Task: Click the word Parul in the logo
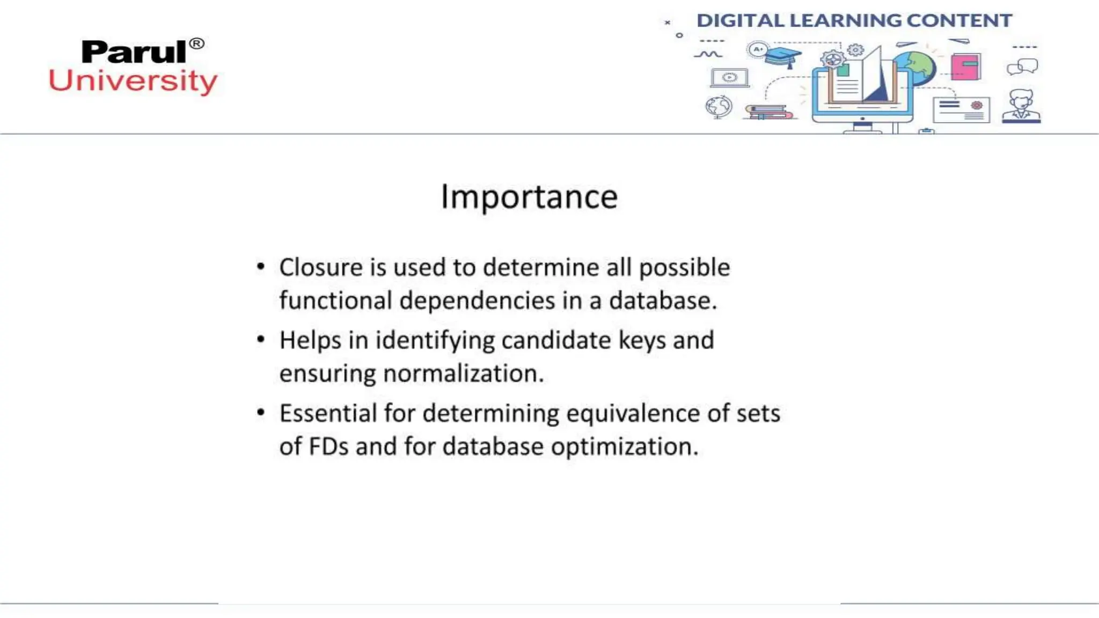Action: pyautogui.click(x=134, y=53)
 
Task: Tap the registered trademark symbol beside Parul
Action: pyautogui.click(x=197, y=43)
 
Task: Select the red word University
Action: pyautogui.click(x=133, y=81)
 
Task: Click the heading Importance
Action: pyautogui.click(x=529, y=197)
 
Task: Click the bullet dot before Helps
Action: pyautogui.click(x=261, y=340)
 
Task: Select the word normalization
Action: pyautogui.click(x=464, y=373)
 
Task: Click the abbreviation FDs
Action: pyautogui.click(x=328, y=446)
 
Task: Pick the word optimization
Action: pyautogui.click(x=625, y=446)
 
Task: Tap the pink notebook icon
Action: pyautogui.click(x=965, y=67)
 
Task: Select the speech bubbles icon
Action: pyautogui.click(x=1022, y=67)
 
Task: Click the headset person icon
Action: pyautogui.click(x=1021, y=106)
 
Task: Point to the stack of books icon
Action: pyautogui.click(x=768, y=112)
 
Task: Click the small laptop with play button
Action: pyautogui.click(x=729, y=78)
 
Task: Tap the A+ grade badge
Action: pyautogui.click(x=758, y=50)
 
